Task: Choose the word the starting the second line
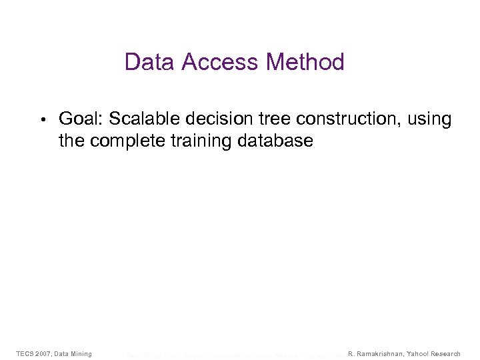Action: click(72, 141)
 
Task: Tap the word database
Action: click(277, 141)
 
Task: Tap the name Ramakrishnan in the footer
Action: click(381, 353)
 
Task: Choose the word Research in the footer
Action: click(446, 353)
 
